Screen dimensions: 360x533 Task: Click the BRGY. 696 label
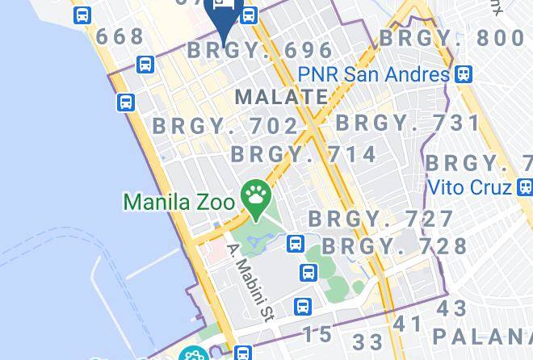pyautogui.click(x=260, y=50)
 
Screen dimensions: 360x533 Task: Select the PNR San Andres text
pyautogui.click(x=373, y=74)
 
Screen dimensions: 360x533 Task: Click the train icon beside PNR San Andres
pyautogui.click(x=463, y=74)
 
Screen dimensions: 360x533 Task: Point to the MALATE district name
pyautogui.click(x=281, y=97)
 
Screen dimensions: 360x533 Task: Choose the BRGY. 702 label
pyautogui.click(x=225, y=126)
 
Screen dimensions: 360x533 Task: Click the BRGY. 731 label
pyautogui.click(x=408, y=123)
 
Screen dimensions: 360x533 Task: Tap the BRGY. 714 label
pyautogui.click(x=304, y=153)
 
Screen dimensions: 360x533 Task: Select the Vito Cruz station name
pyautogui.click(x=469, y=187)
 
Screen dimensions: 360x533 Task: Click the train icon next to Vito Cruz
pyautogui.click(x=524, y=187)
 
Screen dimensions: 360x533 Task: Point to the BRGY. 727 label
pyautogui.click(x=381, y=219)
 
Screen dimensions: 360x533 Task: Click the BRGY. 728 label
pyautogui.click(x=395, y=245)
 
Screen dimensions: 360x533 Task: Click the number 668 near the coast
pyautogui.click(x=120, y=37)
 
